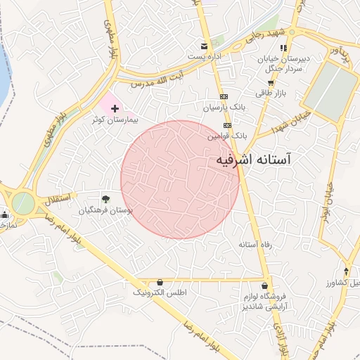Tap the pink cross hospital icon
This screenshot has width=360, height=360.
[115, 108]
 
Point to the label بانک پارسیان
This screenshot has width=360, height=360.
[226, 108]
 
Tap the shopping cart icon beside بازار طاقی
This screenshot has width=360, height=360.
[270, 82]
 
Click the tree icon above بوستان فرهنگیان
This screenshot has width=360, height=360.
[105, 200]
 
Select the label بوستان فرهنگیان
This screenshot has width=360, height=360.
[105, 210]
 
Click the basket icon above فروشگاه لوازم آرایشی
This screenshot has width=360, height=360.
[264, 286]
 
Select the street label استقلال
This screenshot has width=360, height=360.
[57, 199]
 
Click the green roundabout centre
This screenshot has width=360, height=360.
[22, 203]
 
